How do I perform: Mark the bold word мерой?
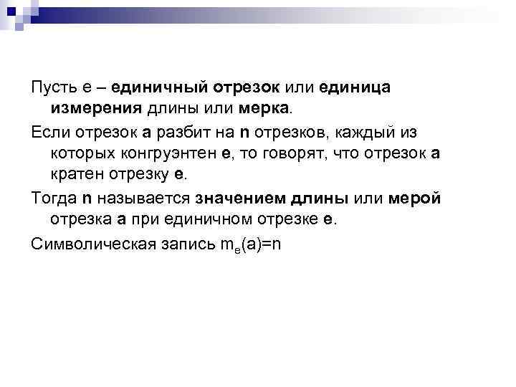415,199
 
